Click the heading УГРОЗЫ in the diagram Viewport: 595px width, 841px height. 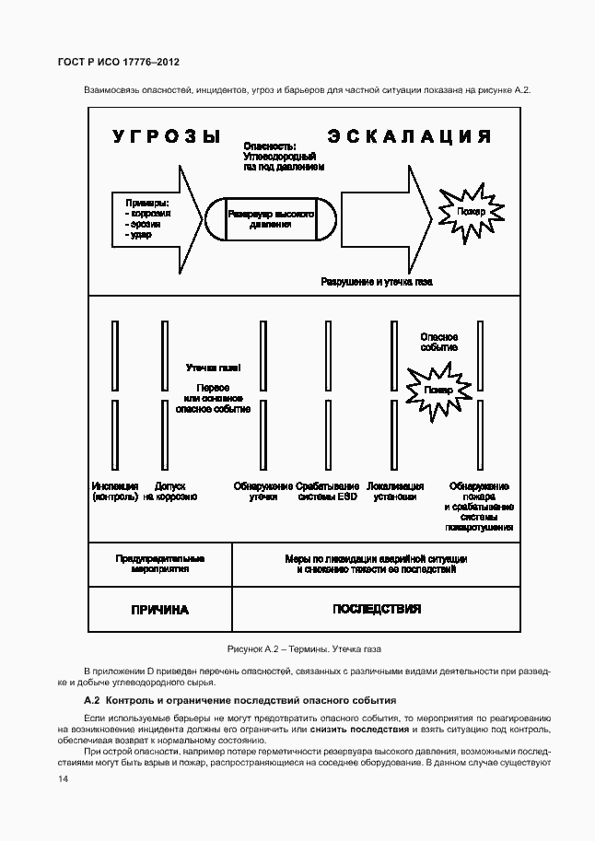(167, 137)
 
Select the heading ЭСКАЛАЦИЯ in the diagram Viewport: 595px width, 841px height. (408, 137)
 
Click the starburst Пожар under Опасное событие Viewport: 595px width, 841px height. (438, 390)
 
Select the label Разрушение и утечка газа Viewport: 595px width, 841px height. (376, 281)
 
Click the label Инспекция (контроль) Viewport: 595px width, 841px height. (115, 491)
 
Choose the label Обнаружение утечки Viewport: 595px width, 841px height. (262, 491)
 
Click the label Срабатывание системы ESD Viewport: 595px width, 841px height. (328, 491)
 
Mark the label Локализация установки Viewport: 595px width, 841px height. (395, 491)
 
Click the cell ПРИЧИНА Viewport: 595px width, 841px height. (159, 610)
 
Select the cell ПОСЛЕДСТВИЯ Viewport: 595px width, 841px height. (376, 609)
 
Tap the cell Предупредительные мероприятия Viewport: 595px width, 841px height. (159, 564)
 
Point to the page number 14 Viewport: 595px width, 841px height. (64, 779)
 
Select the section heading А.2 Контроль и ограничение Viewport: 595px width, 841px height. (239, 701)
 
